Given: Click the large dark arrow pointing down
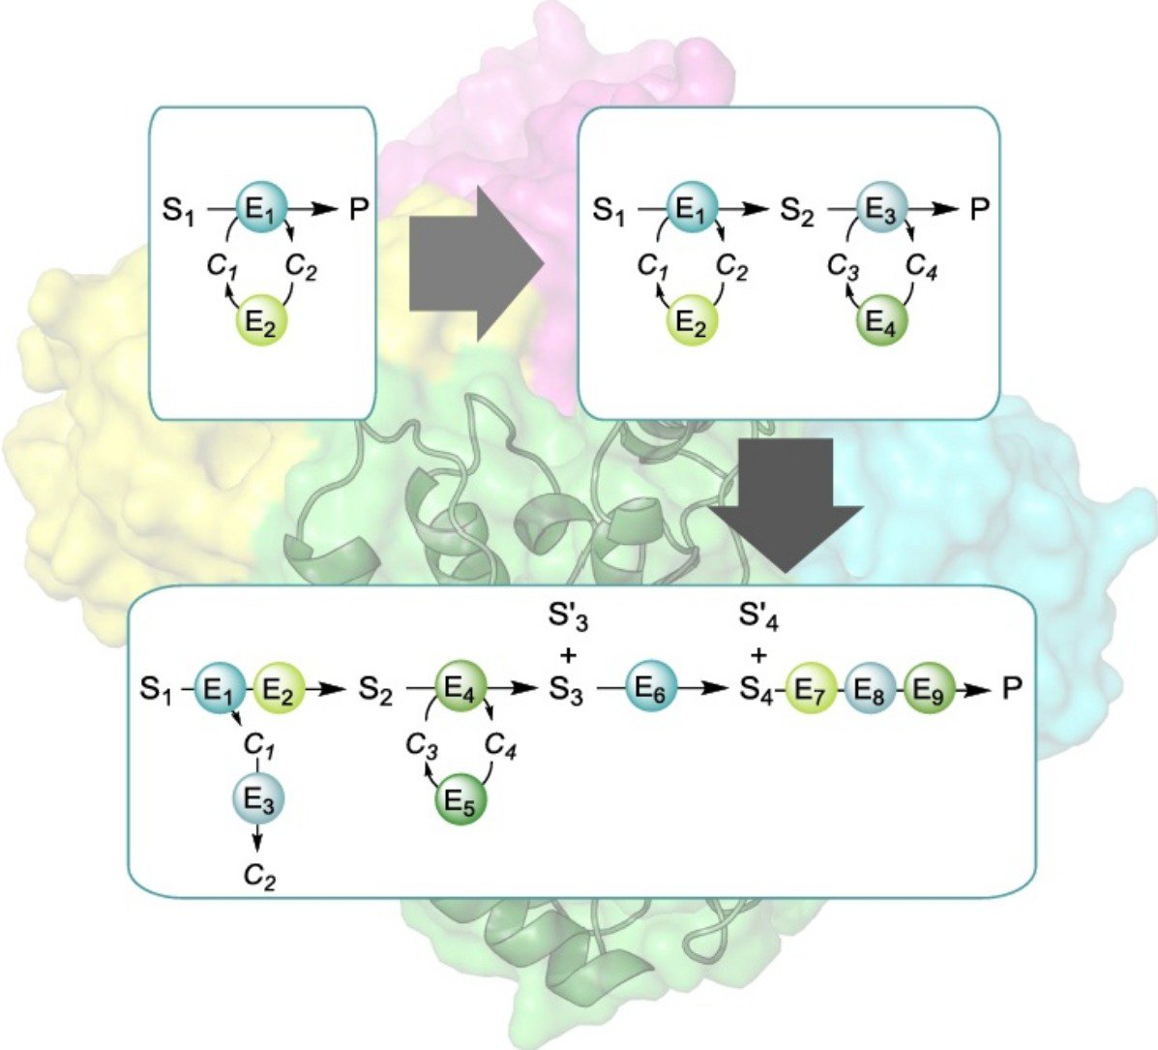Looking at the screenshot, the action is [786, 505].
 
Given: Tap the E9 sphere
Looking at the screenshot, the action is [930, 689].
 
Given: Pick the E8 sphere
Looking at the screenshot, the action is [870, 689].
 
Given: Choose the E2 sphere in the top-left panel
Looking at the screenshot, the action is [260, 323].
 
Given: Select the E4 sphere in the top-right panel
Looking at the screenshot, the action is [881, 323].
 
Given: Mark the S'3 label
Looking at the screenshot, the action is [567, 617].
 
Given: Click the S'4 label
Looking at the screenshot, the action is [758, 617].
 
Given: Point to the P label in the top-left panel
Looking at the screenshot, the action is [358, 210].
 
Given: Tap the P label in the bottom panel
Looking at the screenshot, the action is [1011, 689].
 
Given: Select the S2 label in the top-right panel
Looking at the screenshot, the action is [797, 212].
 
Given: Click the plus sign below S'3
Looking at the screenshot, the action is [568, 655].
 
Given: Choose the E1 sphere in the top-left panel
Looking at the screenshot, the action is [260, 210].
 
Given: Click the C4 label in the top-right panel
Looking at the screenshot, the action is [921, 267].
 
